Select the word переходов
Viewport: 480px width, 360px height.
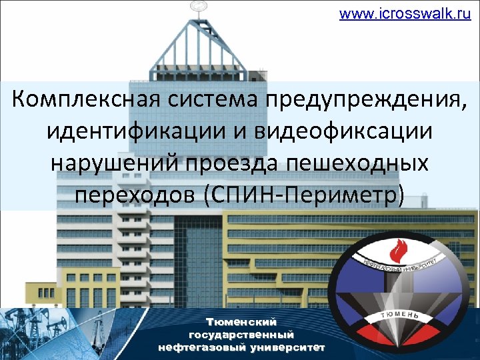pyautogui.click(x=134, y=193)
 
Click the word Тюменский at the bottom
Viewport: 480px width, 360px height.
pyautogui.click(x=241, y=322)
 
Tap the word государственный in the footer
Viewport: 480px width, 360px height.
pyautogui.click(x=241, y=335)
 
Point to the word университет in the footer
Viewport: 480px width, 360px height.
pyautogui.click(x=287, y=347)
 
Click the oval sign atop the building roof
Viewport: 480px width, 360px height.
pyautogui.click(x=198, y=7)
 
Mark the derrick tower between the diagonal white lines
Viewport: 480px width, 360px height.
pyautogui.click(x=403, y=293)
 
